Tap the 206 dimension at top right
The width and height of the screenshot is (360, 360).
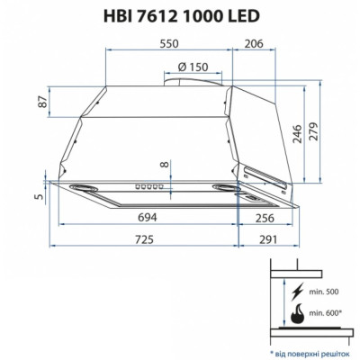254,42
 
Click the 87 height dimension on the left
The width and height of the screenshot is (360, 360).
40,102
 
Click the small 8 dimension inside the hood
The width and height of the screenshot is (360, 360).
163,165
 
